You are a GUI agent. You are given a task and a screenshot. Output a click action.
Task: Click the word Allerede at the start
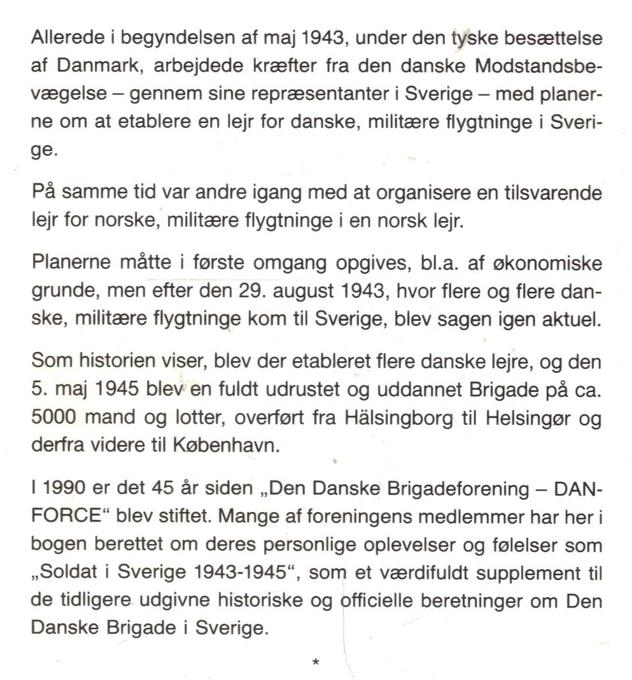point(61,38)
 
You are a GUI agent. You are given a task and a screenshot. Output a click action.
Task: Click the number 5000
point(54,419)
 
